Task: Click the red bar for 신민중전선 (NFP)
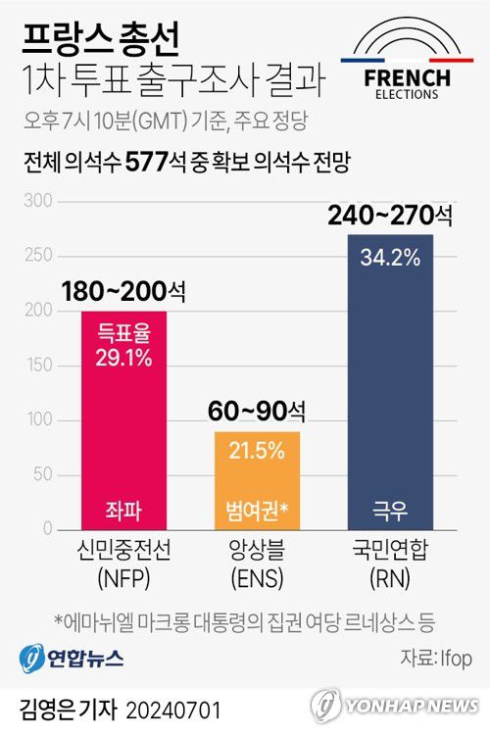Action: pos(123,421)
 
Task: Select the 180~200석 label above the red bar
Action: pos(123,292)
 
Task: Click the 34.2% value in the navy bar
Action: pos(390,259)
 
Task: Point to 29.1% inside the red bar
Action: pos(123,358)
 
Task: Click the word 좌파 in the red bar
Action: pos(123,510)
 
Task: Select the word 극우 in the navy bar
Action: pos(390,510)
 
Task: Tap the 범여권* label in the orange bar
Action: pos(257,510)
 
